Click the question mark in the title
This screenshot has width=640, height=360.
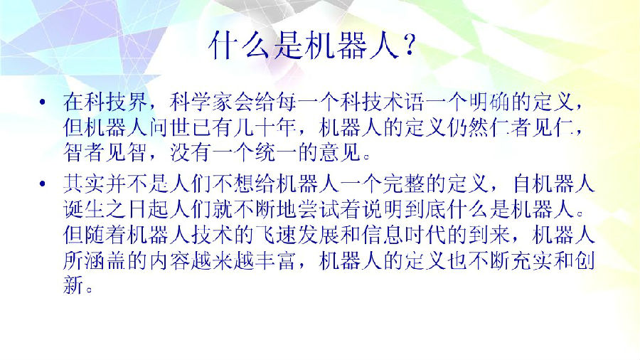(x=407, y=46)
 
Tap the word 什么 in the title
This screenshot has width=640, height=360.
(x=238, y=46)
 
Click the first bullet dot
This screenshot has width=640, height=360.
(x=43, y=102)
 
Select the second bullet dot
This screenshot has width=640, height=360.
(x=43, y=184)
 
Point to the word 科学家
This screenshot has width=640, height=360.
(x=202, y=102)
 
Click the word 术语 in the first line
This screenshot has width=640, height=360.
(x=404, y=102)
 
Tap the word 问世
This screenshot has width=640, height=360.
(x=170, y=127)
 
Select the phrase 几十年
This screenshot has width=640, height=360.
(x=265, y=127)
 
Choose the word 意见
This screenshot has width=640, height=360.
(x=340, y=153)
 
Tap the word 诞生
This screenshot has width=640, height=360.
(x=85, y=209)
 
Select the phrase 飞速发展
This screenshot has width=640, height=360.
(x=297, y=235)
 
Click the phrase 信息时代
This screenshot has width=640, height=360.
(x=404, y=235)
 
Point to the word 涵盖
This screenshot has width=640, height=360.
(x=106, y=260)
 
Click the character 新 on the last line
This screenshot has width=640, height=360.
(x=74, y=285)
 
